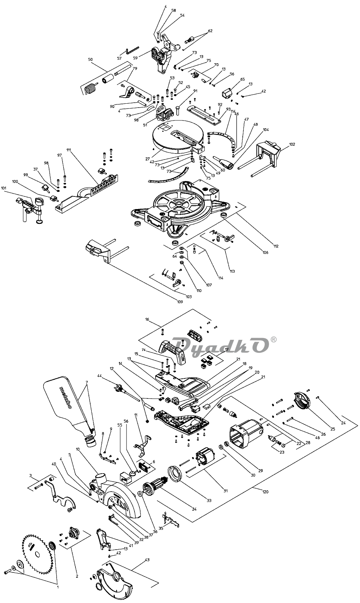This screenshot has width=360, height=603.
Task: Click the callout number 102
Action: [x=292, y=144]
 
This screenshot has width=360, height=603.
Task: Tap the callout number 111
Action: [x=68, y=150]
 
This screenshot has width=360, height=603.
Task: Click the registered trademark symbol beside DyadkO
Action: [x=274, y=339]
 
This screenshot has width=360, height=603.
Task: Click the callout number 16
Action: [x=147, y=320]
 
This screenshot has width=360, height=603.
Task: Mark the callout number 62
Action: [x=210, y=31]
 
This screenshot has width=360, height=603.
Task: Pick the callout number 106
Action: [x=265, y=253]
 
